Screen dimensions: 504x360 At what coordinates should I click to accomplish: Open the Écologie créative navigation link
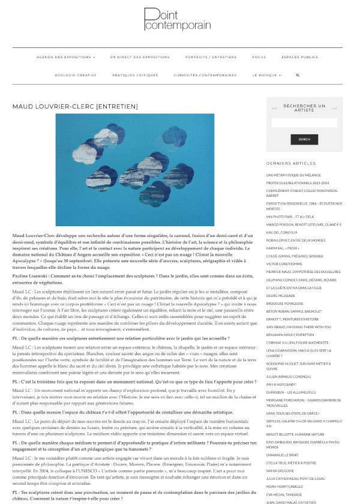[76, 75]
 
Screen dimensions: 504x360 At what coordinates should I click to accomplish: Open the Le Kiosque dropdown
[265, 75]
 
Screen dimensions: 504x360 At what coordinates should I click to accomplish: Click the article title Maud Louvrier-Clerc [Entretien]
[83, 106]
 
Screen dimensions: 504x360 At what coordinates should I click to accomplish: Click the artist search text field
[304, 123]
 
